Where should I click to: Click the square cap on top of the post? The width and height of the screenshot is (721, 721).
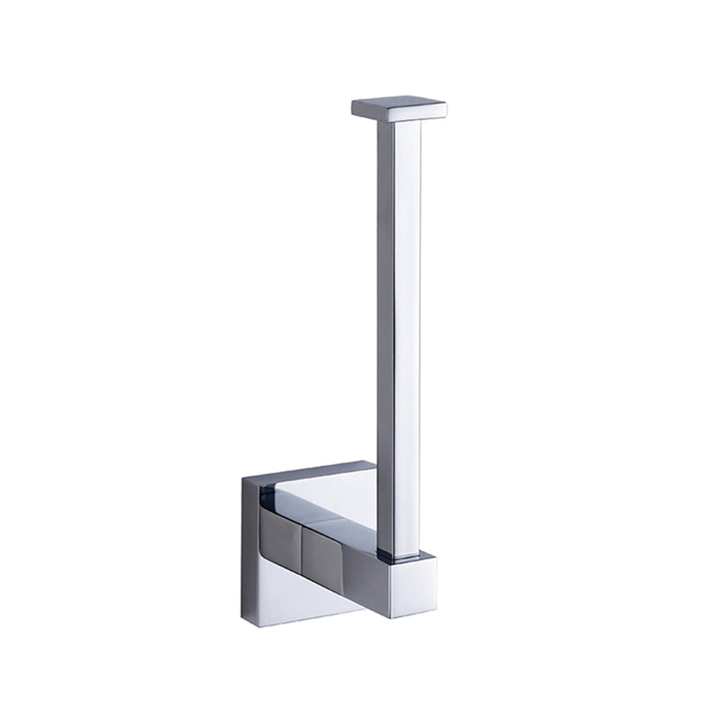tap(399, 108)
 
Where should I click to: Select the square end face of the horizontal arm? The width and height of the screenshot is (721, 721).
tap(414, 586)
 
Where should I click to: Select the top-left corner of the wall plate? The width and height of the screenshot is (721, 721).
tap(243, 479)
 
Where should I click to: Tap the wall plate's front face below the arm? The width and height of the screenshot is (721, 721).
tap(297, 599)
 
